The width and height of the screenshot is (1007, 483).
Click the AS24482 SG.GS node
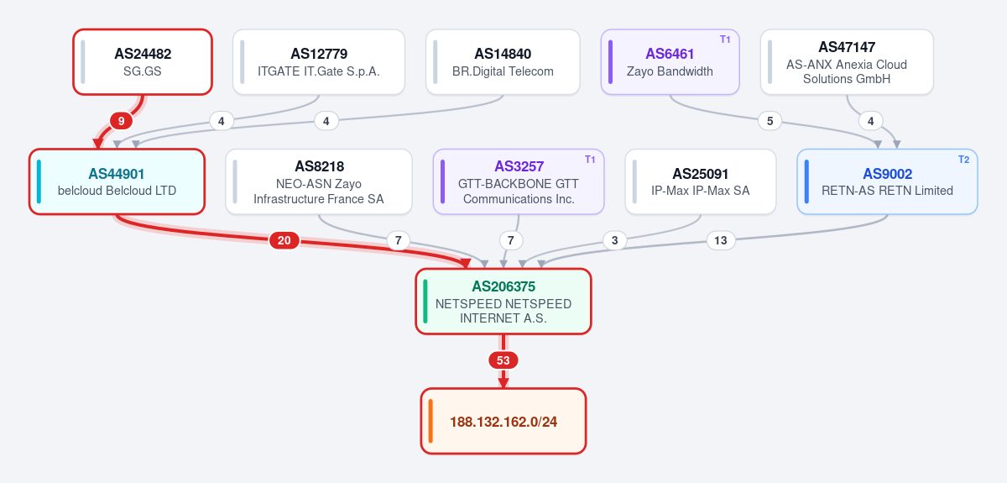[x=143, y=62]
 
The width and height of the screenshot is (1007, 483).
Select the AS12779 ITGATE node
[x=319, y=62]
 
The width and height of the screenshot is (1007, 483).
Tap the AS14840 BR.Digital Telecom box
[x=503, y=62]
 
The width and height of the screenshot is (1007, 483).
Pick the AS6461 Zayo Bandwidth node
[x=670, y=62]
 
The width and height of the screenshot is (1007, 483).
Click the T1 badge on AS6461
[x=725, y=39]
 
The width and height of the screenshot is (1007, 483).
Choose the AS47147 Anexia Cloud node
[x=847, y=62]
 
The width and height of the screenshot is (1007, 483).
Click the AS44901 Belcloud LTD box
[x=117, y=181]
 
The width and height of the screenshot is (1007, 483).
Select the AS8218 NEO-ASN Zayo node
[x=319, y=181]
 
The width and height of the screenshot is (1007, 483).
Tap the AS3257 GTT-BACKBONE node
[x=519, y=181]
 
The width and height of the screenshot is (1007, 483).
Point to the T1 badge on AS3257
[x=590, y=160]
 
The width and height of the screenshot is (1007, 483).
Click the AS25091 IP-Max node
[x=701, y=181]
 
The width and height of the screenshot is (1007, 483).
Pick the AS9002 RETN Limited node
[x=887, y=181]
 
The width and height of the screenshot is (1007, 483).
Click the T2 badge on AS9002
[x=963, y=160]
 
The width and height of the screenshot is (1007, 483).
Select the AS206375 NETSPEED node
[x=503, y=302]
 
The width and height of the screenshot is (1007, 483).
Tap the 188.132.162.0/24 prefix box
[x=503, y=422]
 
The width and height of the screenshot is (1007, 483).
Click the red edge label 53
[x=503, y=360]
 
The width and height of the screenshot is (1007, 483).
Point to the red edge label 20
[x=284, y=240]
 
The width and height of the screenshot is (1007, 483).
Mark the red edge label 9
[x=121, y=121]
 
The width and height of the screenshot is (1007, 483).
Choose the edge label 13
[x=721, y=240]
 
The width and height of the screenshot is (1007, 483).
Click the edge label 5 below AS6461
[x=770, y=121]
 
